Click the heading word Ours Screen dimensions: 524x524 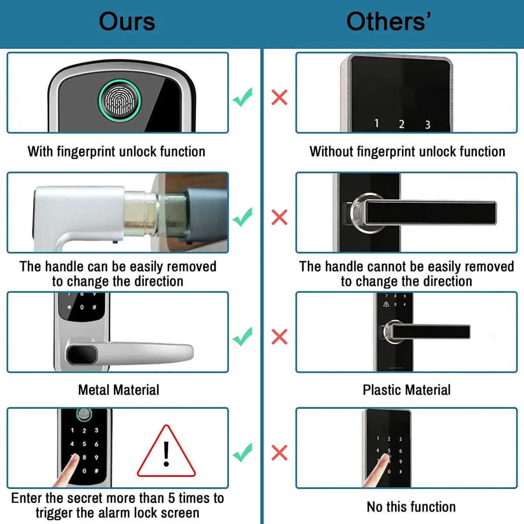click(127, 22)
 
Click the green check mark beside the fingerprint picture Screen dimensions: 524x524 click(243, 97)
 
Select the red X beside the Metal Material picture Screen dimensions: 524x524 click(279, 337)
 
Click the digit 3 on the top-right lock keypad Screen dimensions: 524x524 click(427, 125)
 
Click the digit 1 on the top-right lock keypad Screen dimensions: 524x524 click(376, 124)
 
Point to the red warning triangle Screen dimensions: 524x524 click(166, 454)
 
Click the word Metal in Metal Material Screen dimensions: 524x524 click(96, 390)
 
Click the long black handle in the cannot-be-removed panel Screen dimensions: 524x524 click(430, 213)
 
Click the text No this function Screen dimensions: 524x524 click(411, 507)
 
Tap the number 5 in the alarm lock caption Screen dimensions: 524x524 click(172, 498)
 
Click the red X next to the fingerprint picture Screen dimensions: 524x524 click(279, 97)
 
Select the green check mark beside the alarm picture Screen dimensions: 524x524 click(243, 452)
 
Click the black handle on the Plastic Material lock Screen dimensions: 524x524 click(430, 332)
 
